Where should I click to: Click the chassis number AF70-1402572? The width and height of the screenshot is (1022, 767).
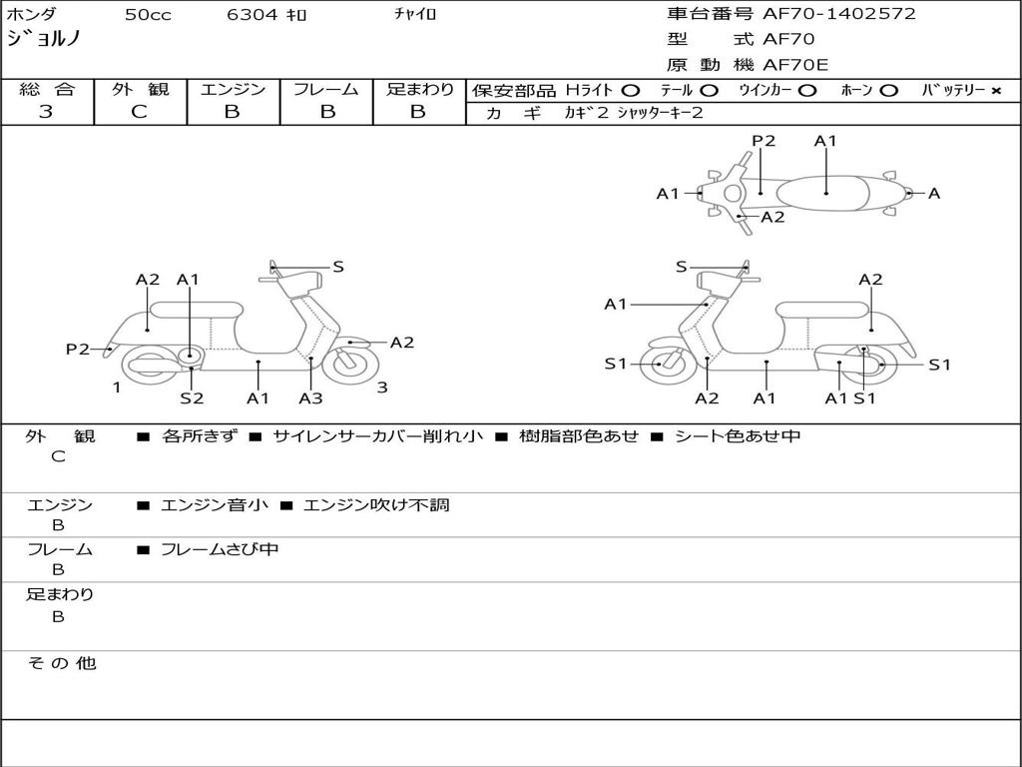838,14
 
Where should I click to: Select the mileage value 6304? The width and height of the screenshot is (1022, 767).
253,14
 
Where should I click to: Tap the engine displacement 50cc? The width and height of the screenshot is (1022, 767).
148,14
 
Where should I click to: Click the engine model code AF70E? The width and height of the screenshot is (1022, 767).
795,65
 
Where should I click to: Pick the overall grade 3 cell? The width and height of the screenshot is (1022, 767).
47,112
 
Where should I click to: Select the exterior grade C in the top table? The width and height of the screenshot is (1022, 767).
140,112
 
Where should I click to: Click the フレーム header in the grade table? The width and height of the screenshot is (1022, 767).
326,89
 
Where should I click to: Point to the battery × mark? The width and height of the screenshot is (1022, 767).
996,91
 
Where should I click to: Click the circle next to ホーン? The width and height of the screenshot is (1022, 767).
887,91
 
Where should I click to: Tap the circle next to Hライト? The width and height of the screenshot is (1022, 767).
631,91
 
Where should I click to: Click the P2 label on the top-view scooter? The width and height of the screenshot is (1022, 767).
764,141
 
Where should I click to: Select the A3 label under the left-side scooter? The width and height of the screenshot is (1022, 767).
311,397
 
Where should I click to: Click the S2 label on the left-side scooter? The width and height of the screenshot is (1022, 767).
192,397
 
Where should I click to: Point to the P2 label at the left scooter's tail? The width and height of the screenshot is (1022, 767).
78,349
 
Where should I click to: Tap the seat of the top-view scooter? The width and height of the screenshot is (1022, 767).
823,193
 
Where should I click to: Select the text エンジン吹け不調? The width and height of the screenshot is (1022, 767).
376,504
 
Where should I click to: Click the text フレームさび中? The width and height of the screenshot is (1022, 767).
220,550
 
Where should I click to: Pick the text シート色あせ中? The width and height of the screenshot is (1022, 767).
738,435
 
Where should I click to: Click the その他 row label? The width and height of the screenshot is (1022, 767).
61,663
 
